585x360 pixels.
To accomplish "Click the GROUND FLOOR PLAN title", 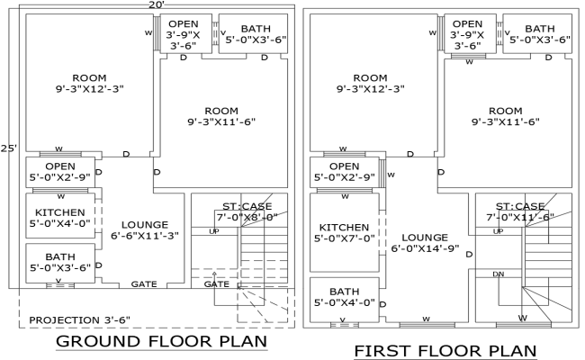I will [162, 342].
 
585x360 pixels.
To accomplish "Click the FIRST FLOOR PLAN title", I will [445, 350].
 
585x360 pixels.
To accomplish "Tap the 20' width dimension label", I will [157, 5].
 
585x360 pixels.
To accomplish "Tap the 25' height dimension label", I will [9, 148].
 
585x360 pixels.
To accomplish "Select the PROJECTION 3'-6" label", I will [80, 319].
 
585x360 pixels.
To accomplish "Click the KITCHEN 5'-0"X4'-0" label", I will [59, 218].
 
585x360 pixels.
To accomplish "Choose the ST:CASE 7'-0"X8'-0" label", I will [245, 211].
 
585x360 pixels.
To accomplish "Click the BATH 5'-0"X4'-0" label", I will [344, 297].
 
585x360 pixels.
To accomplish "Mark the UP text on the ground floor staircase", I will [213, 232].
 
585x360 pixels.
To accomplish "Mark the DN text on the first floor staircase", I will [498, 274].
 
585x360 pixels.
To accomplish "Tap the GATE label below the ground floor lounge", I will [145, 283].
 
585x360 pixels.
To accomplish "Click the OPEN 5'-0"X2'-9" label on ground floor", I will [59, 172].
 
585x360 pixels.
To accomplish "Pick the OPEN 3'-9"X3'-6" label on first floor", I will [467, 34].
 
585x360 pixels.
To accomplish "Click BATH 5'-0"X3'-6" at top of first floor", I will [540, 34].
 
